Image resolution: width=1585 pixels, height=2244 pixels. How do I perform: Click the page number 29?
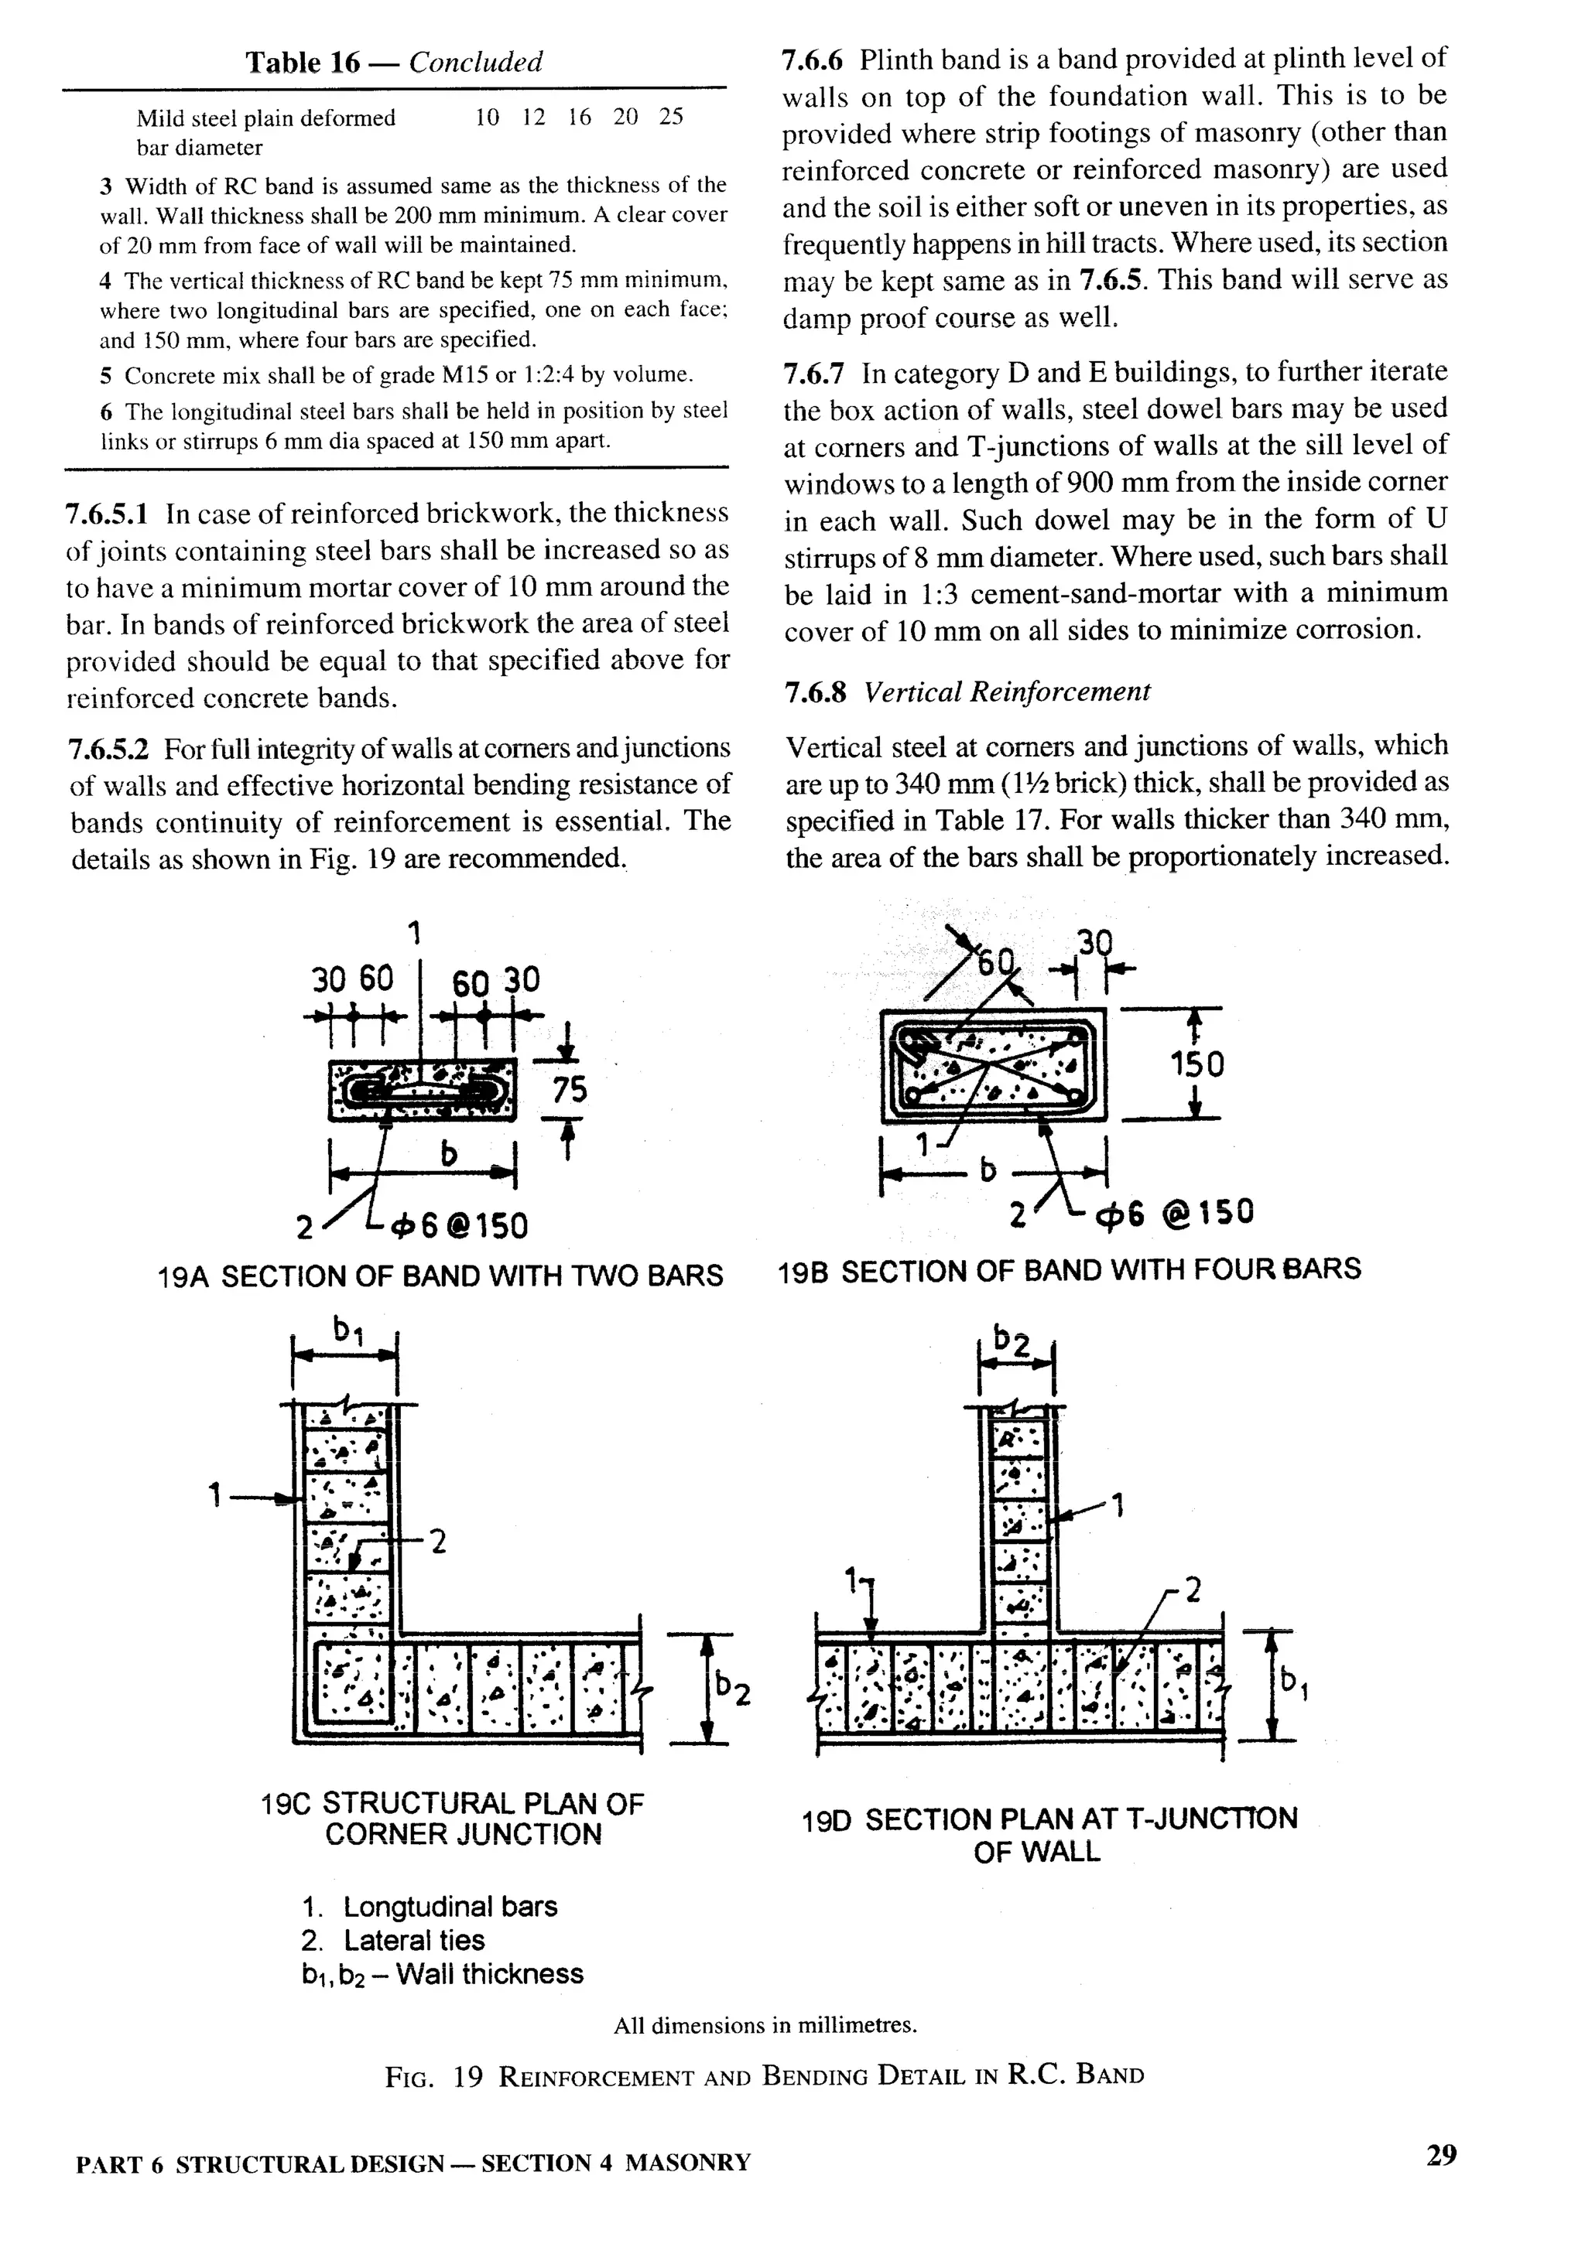click(1441, 2155)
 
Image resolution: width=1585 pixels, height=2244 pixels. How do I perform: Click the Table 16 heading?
click(393, 63)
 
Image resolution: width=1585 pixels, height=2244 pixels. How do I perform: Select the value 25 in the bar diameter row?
click(671, 118)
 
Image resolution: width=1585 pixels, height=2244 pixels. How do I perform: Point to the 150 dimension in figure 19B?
click(1196, 1064)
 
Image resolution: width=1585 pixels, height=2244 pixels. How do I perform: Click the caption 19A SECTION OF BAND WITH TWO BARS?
click(440, 1276)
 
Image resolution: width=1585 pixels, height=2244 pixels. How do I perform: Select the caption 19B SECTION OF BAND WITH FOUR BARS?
click(1069, 1269)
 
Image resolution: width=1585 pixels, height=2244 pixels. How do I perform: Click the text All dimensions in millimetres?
click(765, 2026)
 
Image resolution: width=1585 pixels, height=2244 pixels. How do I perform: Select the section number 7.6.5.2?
click(108, 750)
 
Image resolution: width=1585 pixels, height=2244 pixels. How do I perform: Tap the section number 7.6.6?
click(813, 60)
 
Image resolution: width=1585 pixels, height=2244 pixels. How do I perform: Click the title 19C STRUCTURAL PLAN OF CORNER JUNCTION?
click(453, 1818)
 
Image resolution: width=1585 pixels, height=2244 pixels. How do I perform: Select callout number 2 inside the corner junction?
click(438, 1542)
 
